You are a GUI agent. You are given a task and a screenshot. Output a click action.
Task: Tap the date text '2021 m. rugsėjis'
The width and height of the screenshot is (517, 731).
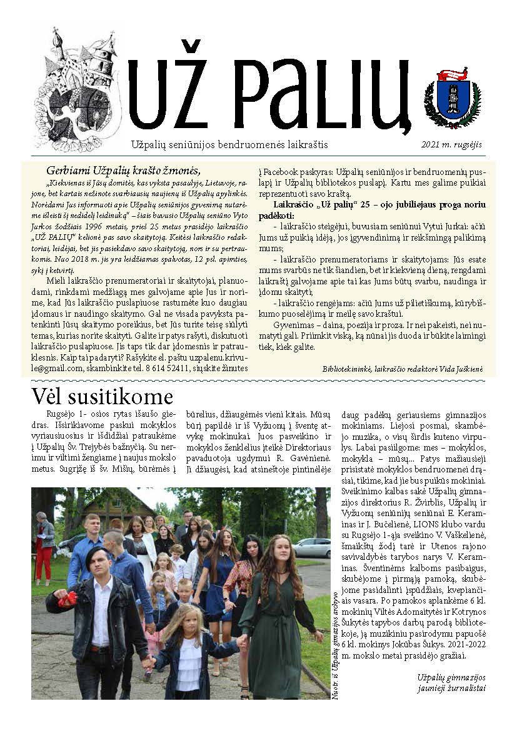click(456, 144)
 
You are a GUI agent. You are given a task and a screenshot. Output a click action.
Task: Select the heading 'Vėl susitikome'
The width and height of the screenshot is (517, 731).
click(102, 396)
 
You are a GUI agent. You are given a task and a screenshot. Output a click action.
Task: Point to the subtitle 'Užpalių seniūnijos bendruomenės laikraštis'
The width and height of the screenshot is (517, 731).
click(229, 144)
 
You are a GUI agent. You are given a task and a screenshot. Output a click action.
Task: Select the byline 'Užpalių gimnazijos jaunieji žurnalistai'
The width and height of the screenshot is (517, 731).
click(452, 682)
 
